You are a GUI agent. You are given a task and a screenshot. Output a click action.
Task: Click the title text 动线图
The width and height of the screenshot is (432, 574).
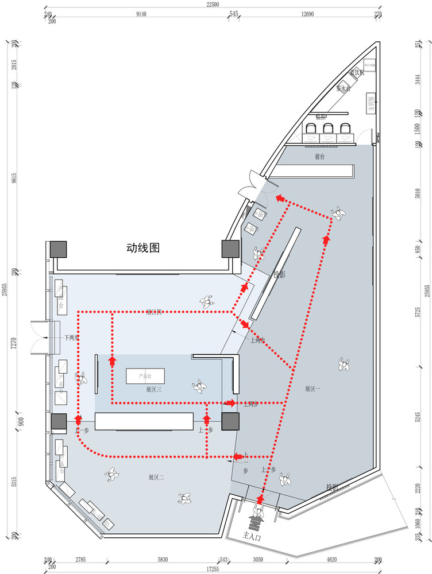(x=142, y=248)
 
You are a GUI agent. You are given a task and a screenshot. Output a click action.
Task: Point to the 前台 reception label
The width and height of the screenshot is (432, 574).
(x=320, y=157)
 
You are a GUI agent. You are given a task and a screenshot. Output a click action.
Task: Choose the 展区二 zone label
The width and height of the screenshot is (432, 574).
(x=156, y=477)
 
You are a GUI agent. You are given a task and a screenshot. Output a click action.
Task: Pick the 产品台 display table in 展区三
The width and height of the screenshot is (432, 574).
(x=145, y=376)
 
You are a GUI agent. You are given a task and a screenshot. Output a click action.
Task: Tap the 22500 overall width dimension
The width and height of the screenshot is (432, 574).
(x=214, y=5)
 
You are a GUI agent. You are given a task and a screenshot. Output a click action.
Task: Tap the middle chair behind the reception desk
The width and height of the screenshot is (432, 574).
(x=329, y=130)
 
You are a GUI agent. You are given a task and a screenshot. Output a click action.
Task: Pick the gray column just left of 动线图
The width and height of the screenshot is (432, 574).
(x=58, y=249)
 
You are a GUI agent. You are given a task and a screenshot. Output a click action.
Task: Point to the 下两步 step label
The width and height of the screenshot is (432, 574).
(x=71, y=338)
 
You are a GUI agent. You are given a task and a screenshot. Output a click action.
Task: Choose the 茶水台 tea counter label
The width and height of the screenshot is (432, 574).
(x=344, y=88)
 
